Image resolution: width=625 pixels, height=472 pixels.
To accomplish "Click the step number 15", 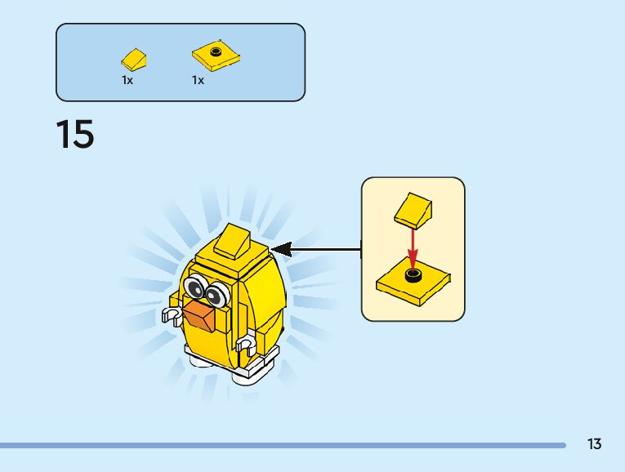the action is coord(75,134).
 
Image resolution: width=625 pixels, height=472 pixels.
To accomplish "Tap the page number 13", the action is coord(594,444).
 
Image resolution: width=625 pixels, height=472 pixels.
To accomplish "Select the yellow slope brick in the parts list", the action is coord(135,59).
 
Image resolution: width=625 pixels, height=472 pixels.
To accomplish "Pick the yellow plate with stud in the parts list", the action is coord(216,56).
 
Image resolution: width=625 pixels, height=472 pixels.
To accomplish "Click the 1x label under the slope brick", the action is coord(127,80).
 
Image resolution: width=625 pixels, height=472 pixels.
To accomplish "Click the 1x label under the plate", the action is coord(198,80).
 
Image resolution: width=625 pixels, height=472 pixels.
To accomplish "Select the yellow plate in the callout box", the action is coord(414,283).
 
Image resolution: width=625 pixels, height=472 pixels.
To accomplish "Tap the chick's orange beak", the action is coord(201,315).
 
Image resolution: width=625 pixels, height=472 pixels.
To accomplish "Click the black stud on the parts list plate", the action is coord(216,51).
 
